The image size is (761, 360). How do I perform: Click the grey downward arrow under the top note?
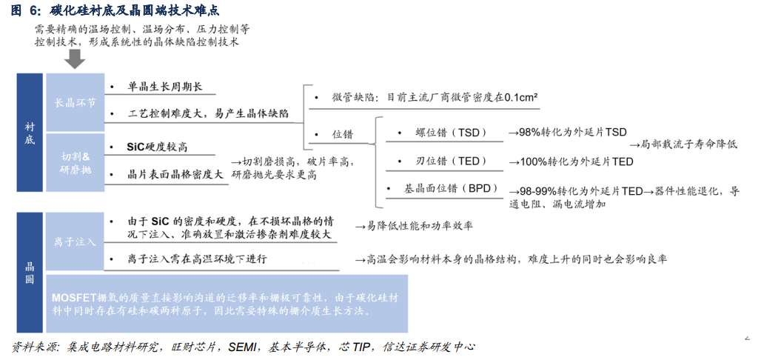tap(72, 59)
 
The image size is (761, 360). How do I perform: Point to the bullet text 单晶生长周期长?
tap(164, 87)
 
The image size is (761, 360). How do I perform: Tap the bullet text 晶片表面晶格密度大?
tap(175, 175)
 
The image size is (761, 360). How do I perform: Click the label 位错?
tap(342, 135)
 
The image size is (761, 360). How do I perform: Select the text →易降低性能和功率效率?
tap(414, 225)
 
